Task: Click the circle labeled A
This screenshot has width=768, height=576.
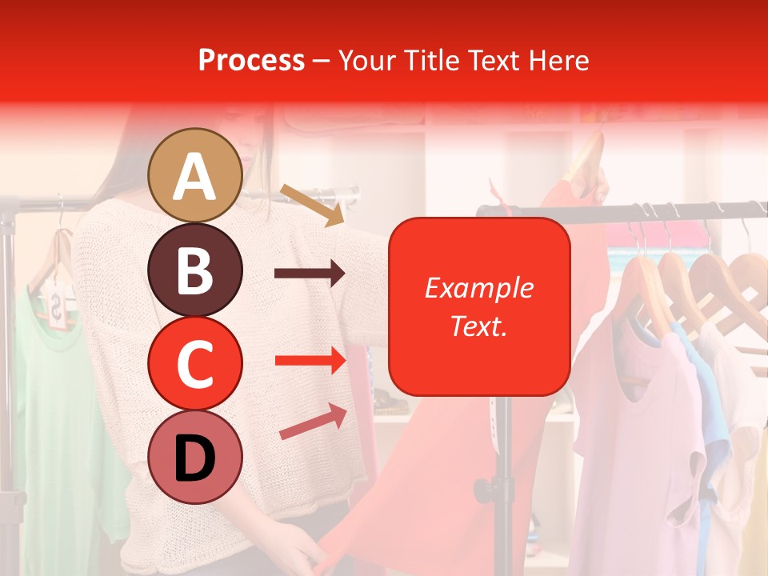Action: click(195, 176)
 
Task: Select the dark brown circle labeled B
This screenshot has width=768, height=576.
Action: click(195, 270)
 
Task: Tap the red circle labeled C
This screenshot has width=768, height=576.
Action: click(195, 363)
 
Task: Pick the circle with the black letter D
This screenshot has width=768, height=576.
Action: click(195, 458)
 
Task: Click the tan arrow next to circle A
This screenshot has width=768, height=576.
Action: click(311, 204)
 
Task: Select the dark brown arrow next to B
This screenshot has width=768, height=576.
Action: click(310, 274)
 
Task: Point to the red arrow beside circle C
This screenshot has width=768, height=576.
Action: click(310, 361)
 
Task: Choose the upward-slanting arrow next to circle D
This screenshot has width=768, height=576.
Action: click(314, 421)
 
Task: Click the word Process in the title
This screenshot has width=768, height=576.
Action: click(251, 60)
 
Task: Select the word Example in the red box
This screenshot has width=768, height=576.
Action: click(478, 288)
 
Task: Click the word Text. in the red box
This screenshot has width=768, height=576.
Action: click(478, 326)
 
